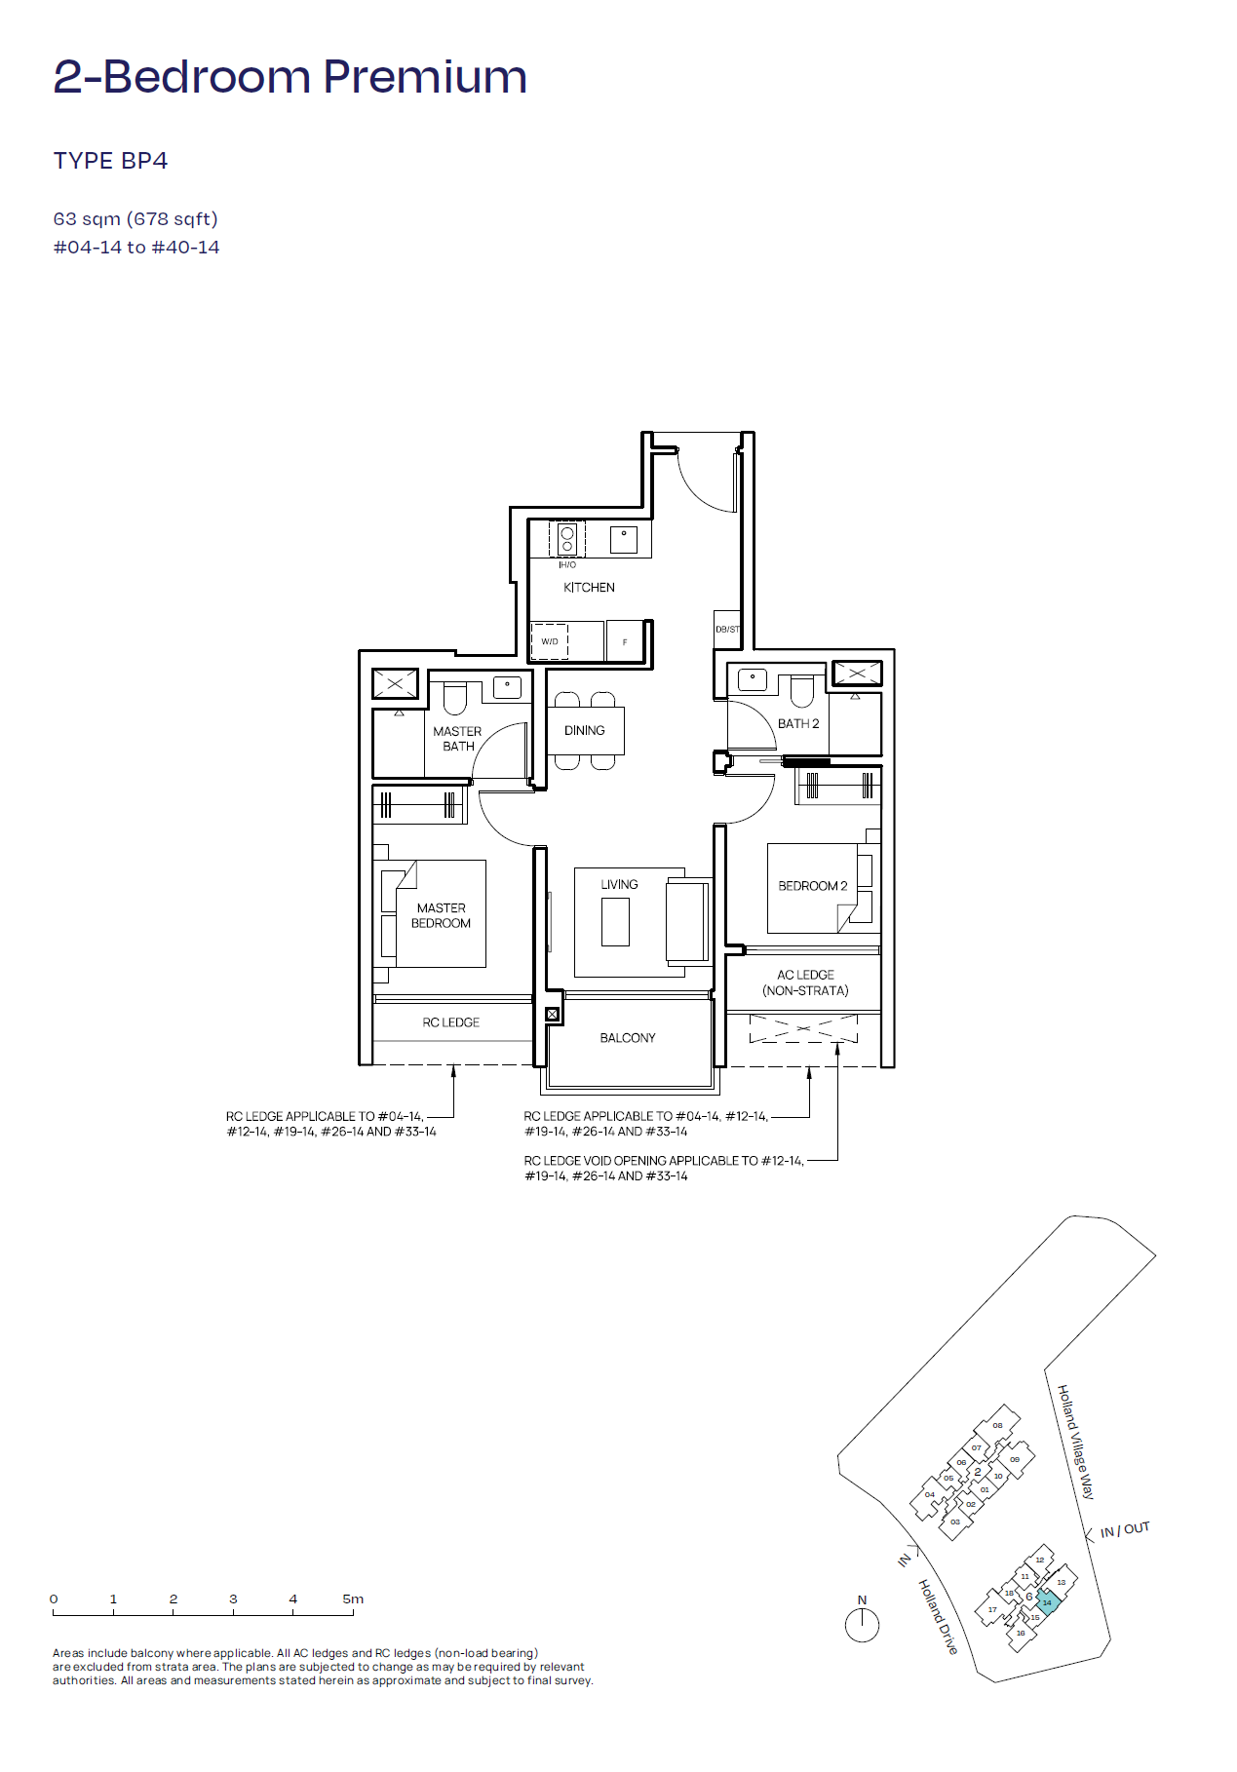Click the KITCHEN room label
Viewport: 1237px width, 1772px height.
589,588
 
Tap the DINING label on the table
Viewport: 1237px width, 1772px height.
584,730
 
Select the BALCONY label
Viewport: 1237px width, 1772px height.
628,1038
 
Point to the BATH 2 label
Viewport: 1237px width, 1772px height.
798,724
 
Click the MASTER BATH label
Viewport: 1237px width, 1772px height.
457,739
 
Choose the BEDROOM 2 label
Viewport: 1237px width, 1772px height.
813,886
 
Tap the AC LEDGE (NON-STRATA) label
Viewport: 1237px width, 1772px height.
805,982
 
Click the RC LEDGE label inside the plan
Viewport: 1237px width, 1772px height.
451,1022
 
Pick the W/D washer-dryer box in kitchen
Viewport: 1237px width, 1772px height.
550,640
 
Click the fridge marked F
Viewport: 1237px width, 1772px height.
626,640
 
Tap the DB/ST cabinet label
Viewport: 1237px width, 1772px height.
727,630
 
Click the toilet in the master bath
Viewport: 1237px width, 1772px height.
455,697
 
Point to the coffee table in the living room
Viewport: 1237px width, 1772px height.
615,922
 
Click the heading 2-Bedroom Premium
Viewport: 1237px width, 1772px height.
290,77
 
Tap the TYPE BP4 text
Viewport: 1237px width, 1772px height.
110,161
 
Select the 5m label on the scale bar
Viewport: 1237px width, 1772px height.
353,1599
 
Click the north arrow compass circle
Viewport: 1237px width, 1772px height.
862,1625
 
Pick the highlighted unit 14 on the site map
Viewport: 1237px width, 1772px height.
1047,1602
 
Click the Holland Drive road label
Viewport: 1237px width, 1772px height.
938,1616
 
